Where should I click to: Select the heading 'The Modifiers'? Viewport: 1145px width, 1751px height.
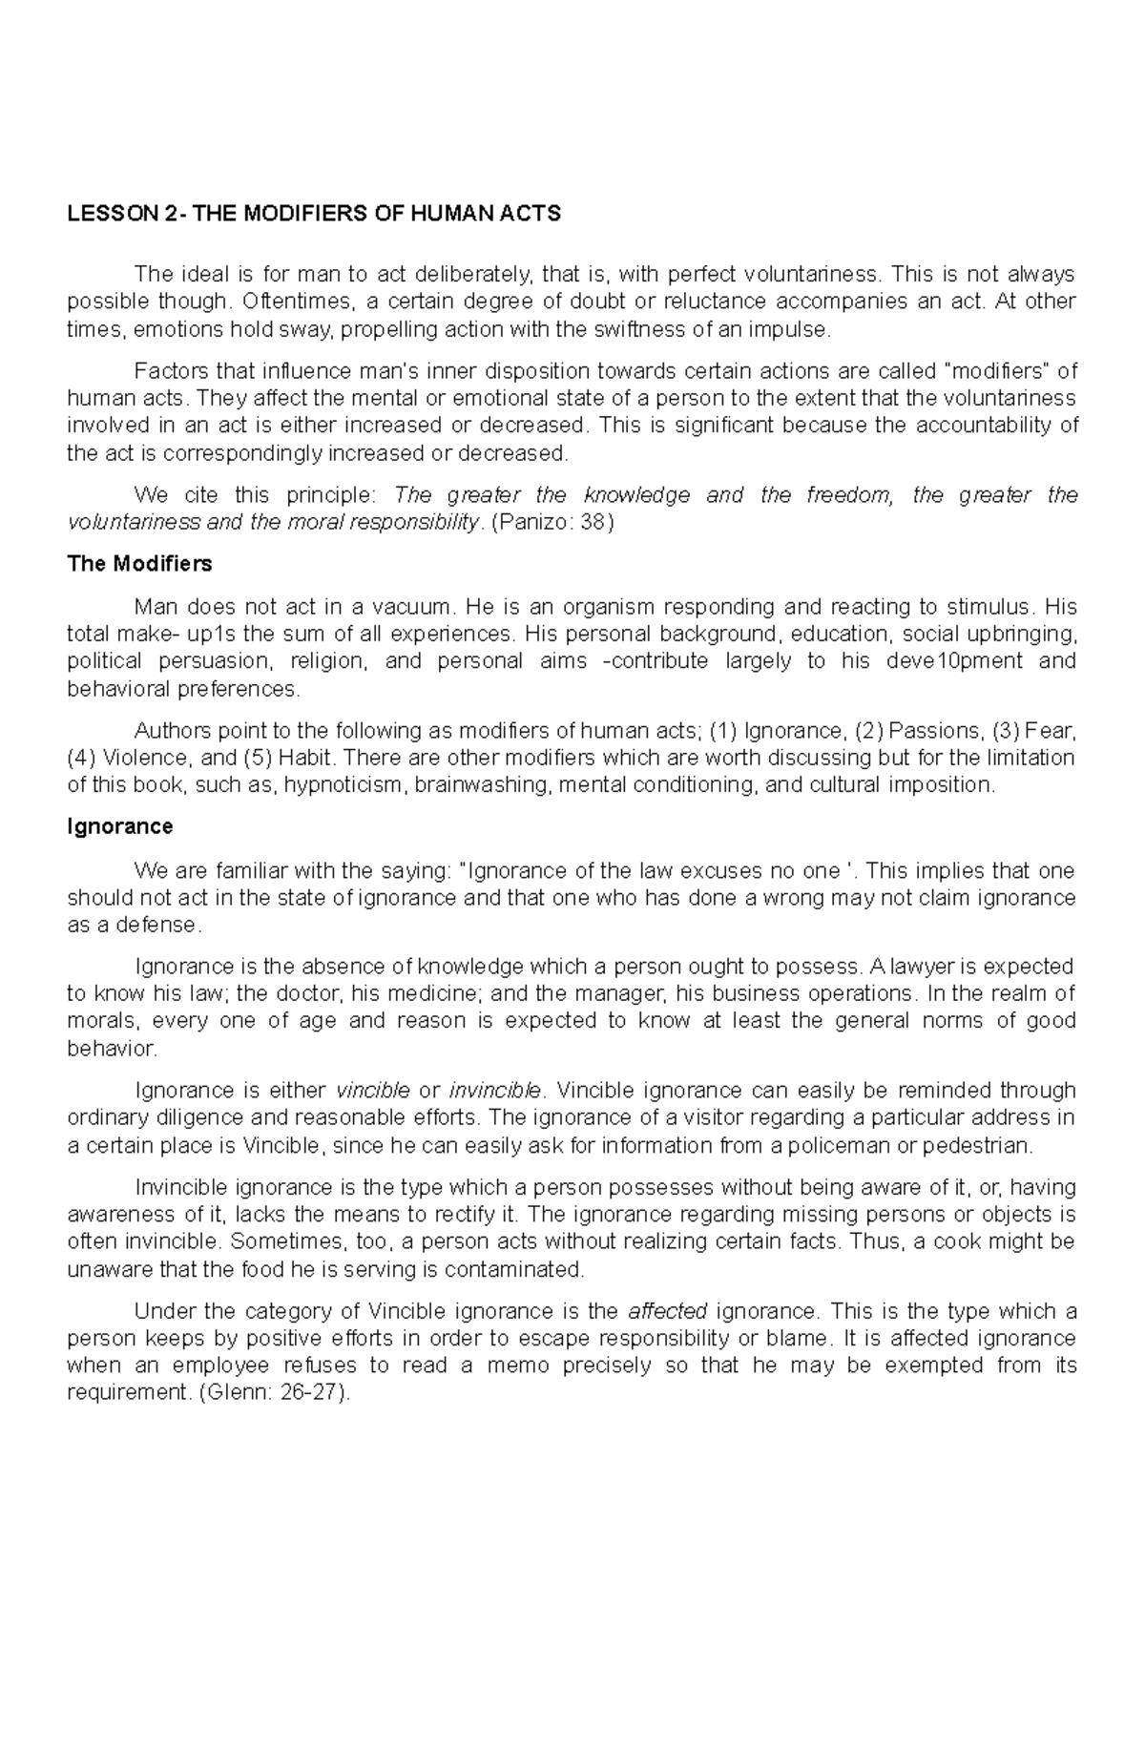[139, 564]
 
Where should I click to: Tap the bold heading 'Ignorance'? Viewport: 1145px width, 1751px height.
[119, 826]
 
